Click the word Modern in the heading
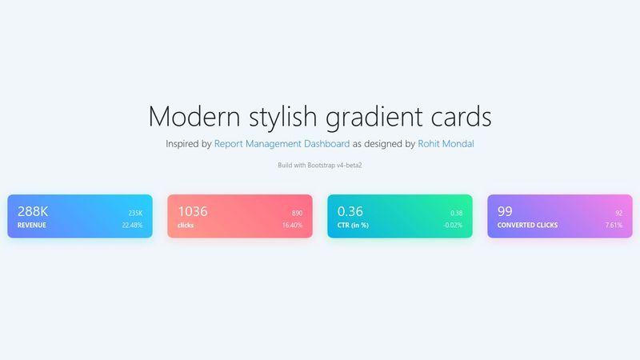(194, 116)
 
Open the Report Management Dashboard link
(282, 144)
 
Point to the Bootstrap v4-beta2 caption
(320, 165)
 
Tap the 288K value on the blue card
(33, 211)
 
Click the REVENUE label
(31, 226)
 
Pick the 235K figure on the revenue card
(134, 213)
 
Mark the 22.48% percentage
(132, 226)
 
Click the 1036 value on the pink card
(193, 211)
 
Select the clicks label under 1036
(186, 226)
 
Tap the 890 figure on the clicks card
(297, 213)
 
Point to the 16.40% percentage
(292, 226)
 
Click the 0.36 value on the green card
(350, 211)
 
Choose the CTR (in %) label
(353, 226)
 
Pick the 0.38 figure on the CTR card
(456, 213)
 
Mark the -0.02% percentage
(453, 226)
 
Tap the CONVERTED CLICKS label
(527, 226)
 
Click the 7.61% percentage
(614, 226)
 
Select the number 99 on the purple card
(505, 211)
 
